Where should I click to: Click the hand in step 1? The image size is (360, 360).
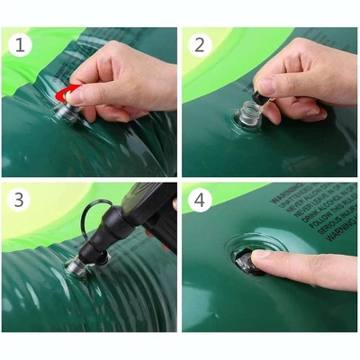[126, 76]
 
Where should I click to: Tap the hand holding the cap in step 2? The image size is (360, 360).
[301, 76]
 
